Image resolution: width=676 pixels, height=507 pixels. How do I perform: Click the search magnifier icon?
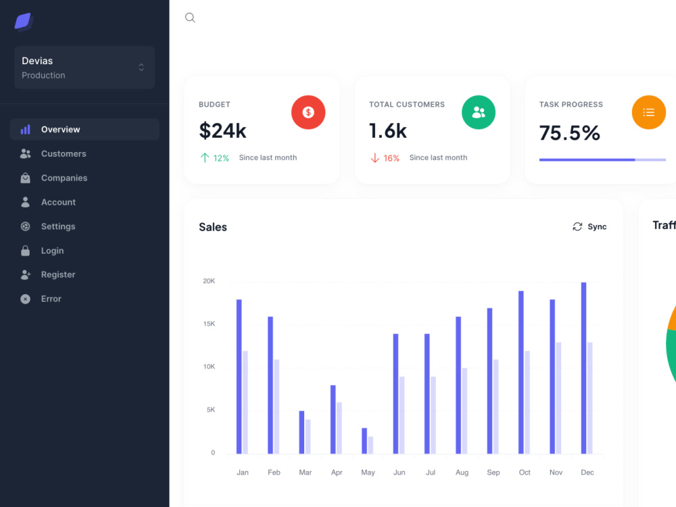pyautogui.click(x=190, y=18)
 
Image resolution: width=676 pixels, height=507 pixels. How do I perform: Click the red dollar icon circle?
pyautogui.click(x=308, y=112)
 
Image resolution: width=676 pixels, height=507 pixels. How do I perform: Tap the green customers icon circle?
pyautogui.click(x=479, y=112)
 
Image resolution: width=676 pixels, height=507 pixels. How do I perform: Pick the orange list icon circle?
pyautogui.click(x=649, y=112)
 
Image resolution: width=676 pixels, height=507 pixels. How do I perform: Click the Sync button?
pyautogui.click(x=589, y=226)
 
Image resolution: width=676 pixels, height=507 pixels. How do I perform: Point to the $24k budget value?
pyautogui.click(x=222, y=130)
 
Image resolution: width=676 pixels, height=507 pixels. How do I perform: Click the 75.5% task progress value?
pyautogui.click(x=569, y=132)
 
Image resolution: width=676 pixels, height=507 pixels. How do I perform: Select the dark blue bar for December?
pyautogui.click(x=584, y=368)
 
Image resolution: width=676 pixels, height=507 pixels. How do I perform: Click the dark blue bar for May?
pyautogui.click(x=364, y=441)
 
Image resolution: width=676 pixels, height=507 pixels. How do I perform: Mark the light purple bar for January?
pyautogui.click(x=245, y=402)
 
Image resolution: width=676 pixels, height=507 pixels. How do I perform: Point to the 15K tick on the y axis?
pyautogui.click(x=209, y=324)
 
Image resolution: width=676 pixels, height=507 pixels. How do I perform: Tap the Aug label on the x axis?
pyautogui.click(x=462, y=473)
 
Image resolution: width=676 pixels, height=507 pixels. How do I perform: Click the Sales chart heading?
pyautogui.click(x=213, y=227)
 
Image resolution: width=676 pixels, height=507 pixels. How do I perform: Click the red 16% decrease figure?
pyautogui.click(x=391, y=158)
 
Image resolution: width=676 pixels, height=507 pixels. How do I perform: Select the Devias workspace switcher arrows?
pyautogui.click(x=141, y=67)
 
